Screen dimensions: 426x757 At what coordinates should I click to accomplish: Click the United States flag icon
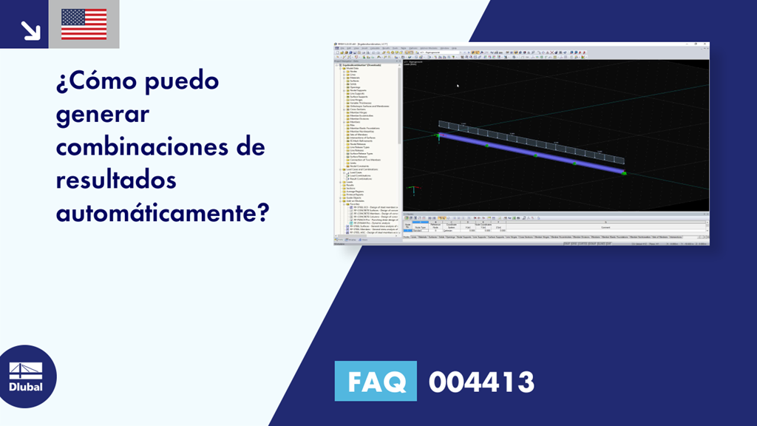coord(84,24)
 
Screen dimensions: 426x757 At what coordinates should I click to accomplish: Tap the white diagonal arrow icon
coord(30,30)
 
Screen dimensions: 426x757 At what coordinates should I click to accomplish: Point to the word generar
coord(102,114)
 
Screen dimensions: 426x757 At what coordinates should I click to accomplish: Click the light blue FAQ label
coord(376,382)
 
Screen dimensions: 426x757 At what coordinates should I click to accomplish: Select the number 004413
coord(481,382)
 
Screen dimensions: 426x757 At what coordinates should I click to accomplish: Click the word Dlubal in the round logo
coord(25,387)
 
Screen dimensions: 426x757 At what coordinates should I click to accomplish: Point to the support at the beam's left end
coord(438,135)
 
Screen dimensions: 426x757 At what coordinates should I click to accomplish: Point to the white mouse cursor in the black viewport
coord(458,86)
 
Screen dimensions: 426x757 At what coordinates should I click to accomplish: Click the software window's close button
coord(705,44)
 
